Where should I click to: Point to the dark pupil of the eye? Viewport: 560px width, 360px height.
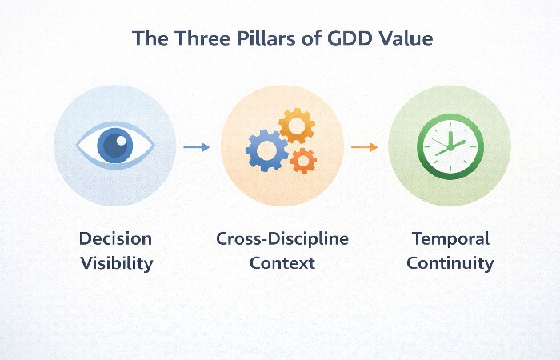coord(115,146)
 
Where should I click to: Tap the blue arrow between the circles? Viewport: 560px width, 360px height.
coord(196,147)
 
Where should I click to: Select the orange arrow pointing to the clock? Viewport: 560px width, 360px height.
coord(364,147)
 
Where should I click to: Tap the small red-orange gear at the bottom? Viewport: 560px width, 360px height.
coord(303,160)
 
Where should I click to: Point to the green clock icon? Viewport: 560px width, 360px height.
coord(449,146)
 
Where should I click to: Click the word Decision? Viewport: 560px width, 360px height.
coord(115,238)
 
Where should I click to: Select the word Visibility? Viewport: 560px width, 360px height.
coord(115,262)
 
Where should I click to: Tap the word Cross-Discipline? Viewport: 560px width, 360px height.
coord(282,238)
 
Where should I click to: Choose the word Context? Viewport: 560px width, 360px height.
coord(282,262)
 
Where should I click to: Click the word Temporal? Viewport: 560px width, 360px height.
coord(450,238)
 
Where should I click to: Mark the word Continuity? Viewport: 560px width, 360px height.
coord(450,262)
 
